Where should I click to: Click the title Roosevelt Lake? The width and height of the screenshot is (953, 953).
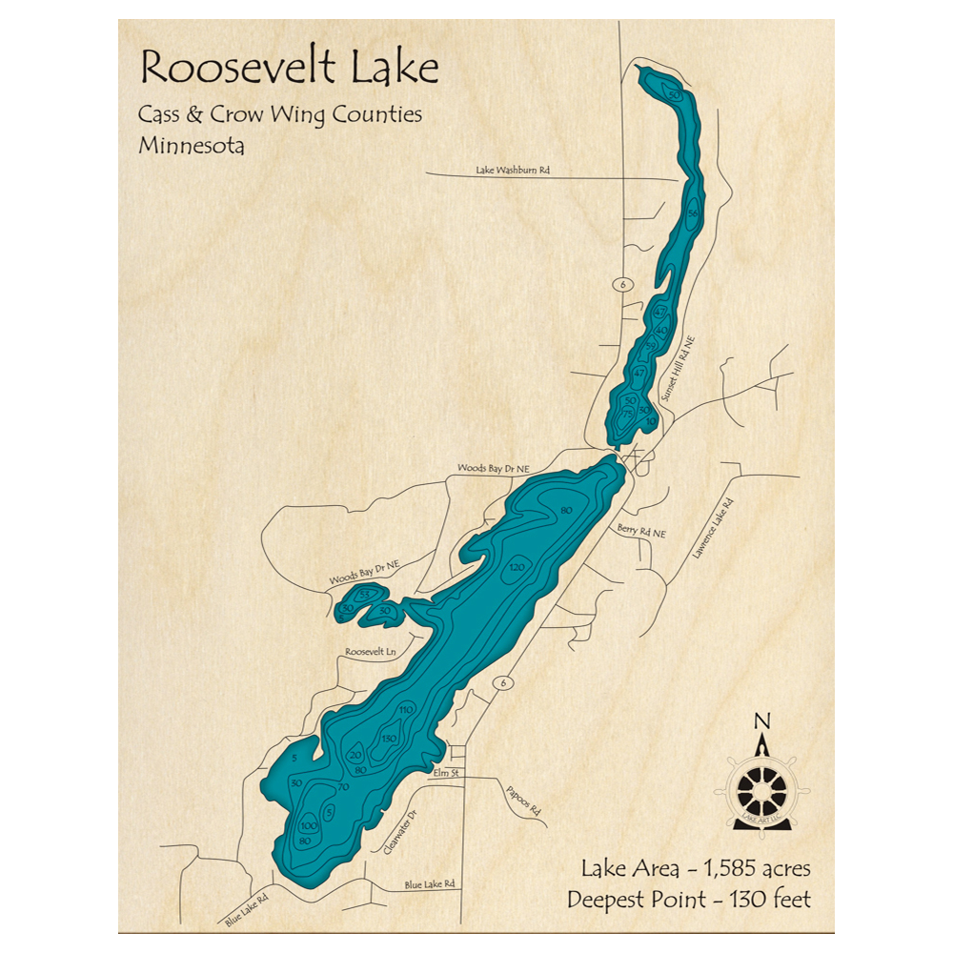click(x=289, y=70)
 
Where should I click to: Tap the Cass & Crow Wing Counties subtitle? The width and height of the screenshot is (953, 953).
click(x=280, y=115)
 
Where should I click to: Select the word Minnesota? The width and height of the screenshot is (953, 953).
click(x=191, y=147)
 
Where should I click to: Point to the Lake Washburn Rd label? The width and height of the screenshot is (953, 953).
click(x=513, y=171)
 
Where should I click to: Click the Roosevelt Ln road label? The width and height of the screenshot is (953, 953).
click(x=371, y=653)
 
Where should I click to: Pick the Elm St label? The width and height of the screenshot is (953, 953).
click(x=445, y=773)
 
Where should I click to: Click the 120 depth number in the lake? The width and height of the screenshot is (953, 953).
click(x=517, y=568)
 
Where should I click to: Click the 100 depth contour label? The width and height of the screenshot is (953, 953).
click(x=308, y=825)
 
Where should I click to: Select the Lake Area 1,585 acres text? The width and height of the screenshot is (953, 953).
click(x=695, y=868)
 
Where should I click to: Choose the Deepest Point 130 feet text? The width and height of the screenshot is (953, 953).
click(x=688, y=899)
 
